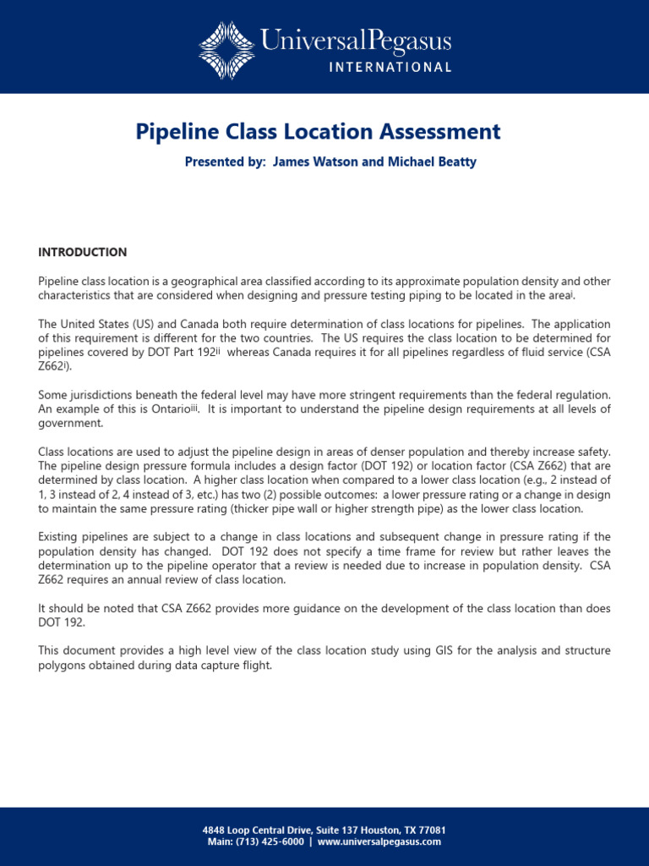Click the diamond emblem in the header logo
226,50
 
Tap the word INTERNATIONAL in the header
390,68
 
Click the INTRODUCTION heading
83,252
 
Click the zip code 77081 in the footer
431,830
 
